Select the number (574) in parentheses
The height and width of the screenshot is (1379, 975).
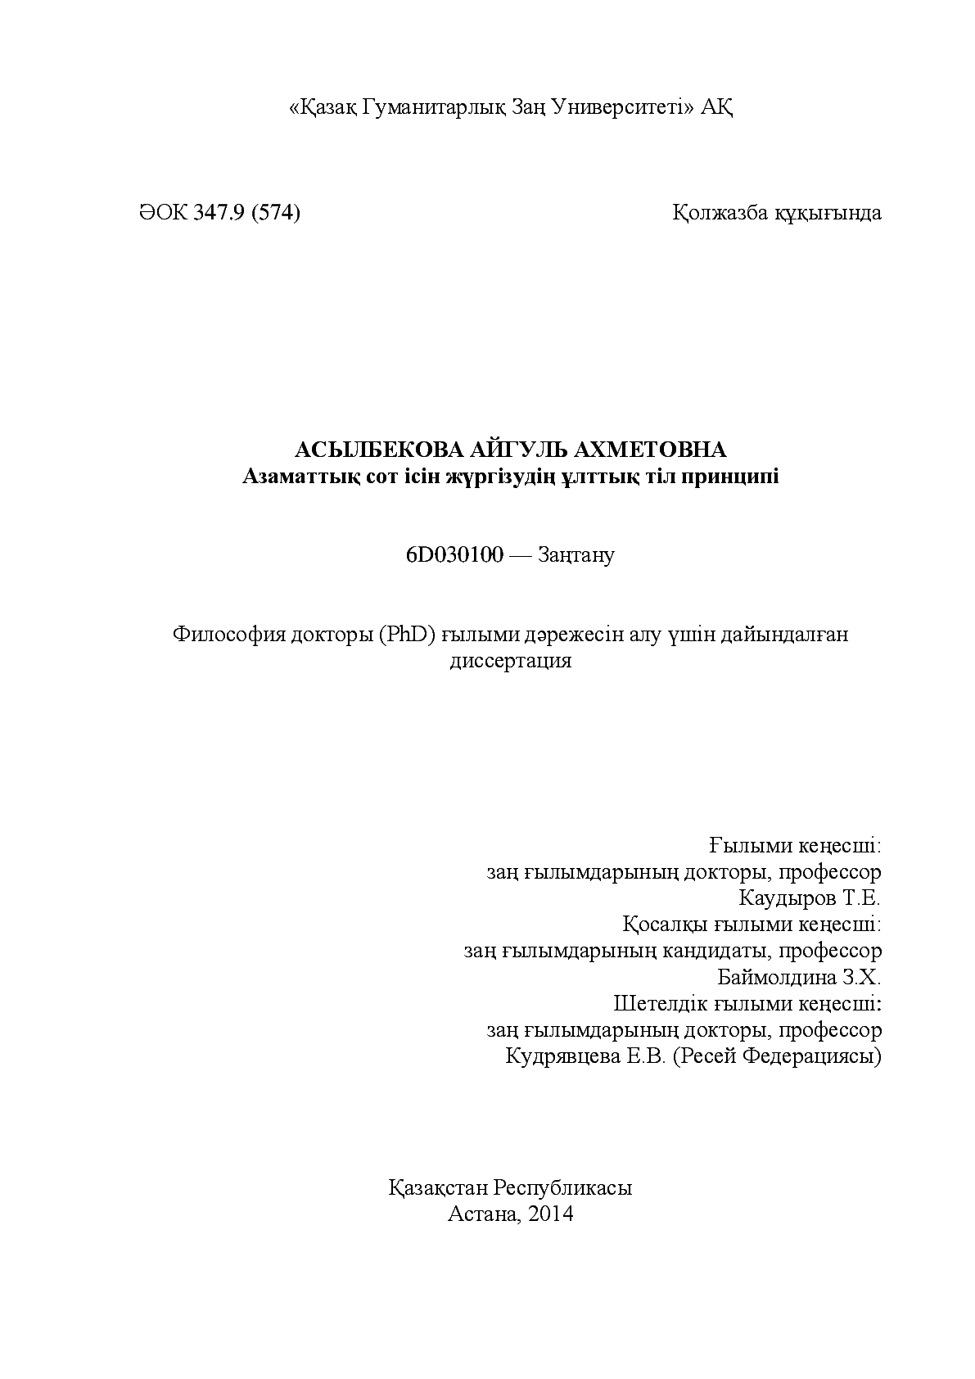pos(276,213)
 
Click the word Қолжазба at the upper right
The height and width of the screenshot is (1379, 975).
pos(720,213)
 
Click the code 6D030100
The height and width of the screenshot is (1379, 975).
pos(454,555)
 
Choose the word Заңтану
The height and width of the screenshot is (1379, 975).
pos(576,555)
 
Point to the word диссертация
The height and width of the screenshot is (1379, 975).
pos(510,661)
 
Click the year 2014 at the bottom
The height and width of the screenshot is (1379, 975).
pos(551,1214)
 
